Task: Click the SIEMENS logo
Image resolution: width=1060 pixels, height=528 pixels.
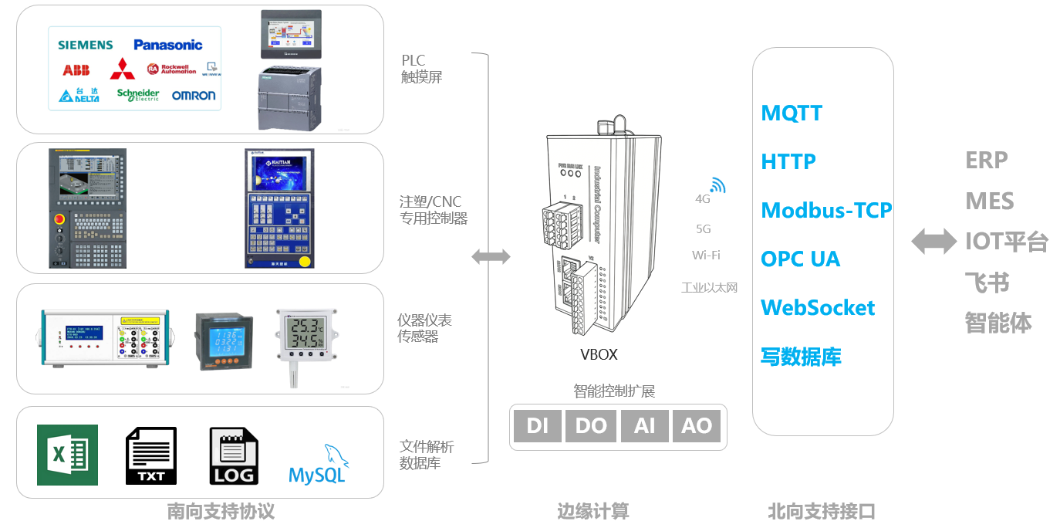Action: pyautogui.click(x=86, y=46)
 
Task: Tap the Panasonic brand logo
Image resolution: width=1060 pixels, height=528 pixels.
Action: pyautogui.click(x=167, y=46)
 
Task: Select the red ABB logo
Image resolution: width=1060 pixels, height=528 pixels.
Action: pyautogui.click(x=76, y=70)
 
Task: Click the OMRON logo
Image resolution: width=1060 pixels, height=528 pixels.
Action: pyautogui.click(x=194, y=96)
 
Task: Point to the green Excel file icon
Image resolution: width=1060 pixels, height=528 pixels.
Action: pyautogui.click(x=67, y=455)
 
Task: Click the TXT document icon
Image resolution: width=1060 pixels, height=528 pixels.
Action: pyautogui.click(x=151, y=456)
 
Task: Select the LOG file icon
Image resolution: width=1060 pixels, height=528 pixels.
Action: pyautogui.click(x=234, y=456)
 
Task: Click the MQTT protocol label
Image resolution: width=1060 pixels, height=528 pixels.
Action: pyautogui.click(x=792, y=113)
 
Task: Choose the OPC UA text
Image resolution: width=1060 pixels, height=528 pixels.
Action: pyautogui.click(x=800, y=259)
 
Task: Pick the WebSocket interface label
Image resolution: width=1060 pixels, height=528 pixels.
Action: pyautogui.click(x=818, y=308)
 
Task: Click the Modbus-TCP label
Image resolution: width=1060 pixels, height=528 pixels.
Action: pyautogui.click(x=826, y=211)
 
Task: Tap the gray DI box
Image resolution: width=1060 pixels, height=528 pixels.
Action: pyautogui.click(x=538, y=426)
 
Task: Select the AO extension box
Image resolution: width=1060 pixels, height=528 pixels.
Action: pyautogui.click(x=697, y=426)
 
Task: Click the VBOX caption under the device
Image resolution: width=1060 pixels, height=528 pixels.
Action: pyautogui.click(x=599, y=355)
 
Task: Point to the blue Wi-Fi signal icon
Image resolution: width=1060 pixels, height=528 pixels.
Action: pyautogui.click(x=718, y=185)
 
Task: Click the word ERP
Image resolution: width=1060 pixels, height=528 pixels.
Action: pyautogui.click(x=987, y=161)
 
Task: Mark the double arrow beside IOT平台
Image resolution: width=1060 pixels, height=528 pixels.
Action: pyautogui.click(x=933, y=242)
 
